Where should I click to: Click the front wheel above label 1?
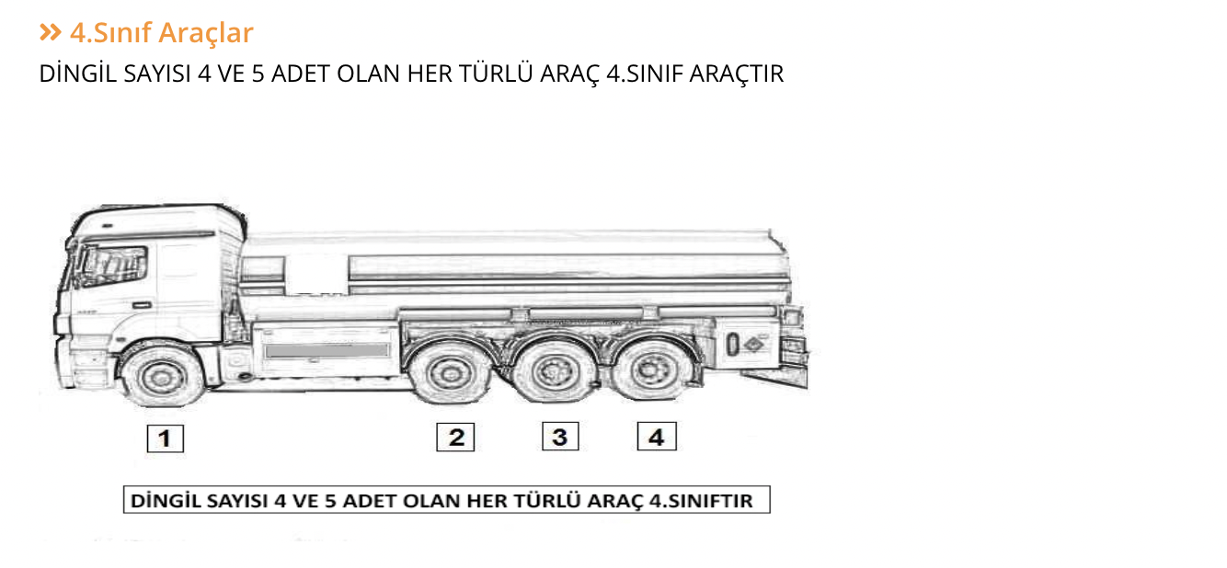pyautogui.click(x=162, y=376)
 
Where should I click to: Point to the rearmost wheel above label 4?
pyautogui.click(x=653, y=371)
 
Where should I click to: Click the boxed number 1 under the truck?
pyautogui.click(x=166, y=438)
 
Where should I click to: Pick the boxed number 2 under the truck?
pyautogui.click(x=455, y=437)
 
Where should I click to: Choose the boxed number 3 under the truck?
pyautogui.click(x=559, y=437)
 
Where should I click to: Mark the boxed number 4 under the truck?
pyautogui.click(x=657, y=437)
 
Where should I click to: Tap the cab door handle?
pyautogui.click(x=141, y=304)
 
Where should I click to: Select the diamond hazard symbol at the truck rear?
pyautogui.click(x=753, y=345)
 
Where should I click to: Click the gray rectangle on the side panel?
pyautogui.click(x=327, y=350)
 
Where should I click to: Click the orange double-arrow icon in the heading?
pyautogui.click(x=50, y=33)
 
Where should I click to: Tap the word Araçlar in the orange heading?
pyautogui.click(x=205, y=33)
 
